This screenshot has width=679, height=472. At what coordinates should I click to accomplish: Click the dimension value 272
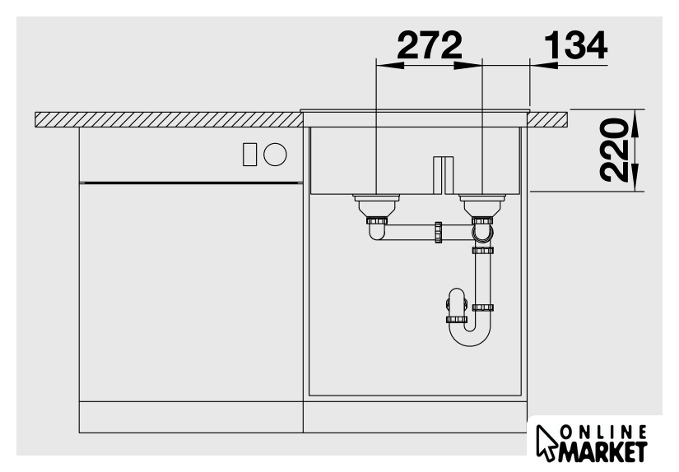pyautogui.click(x=430, y=45)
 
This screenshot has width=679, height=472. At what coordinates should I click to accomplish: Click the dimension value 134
pyautogui.click(x=575, y=45)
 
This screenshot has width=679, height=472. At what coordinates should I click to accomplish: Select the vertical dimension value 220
pyautogui.click(x=614, y=150)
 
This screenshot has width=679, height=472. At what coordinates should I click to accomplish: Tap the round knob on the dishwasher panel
pyautogui.click(x=276, y=155)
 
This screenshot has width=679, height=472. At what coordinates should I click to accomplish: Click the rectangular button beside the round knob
pyautogui.click(x=250, y=155)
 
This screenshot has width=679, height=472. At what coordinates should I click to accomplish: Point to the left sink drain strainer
pyautogui.click(x=376, y=206)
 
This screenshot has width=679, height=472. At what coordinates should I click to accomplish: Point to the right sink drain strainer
pyautogui.click(x=482, y=206)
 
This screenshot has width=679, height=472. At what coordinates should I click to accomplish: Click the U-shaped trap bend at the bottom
pyautogui.click(x=470, y=338)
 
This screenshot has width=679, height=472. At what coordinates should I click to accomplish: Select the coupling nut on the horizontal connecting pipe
pyautogui.click(x=438, y=233)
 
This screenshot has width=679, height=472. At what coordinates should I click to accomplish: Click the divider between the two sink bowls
pyautogui.click(x=444, y=175)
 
